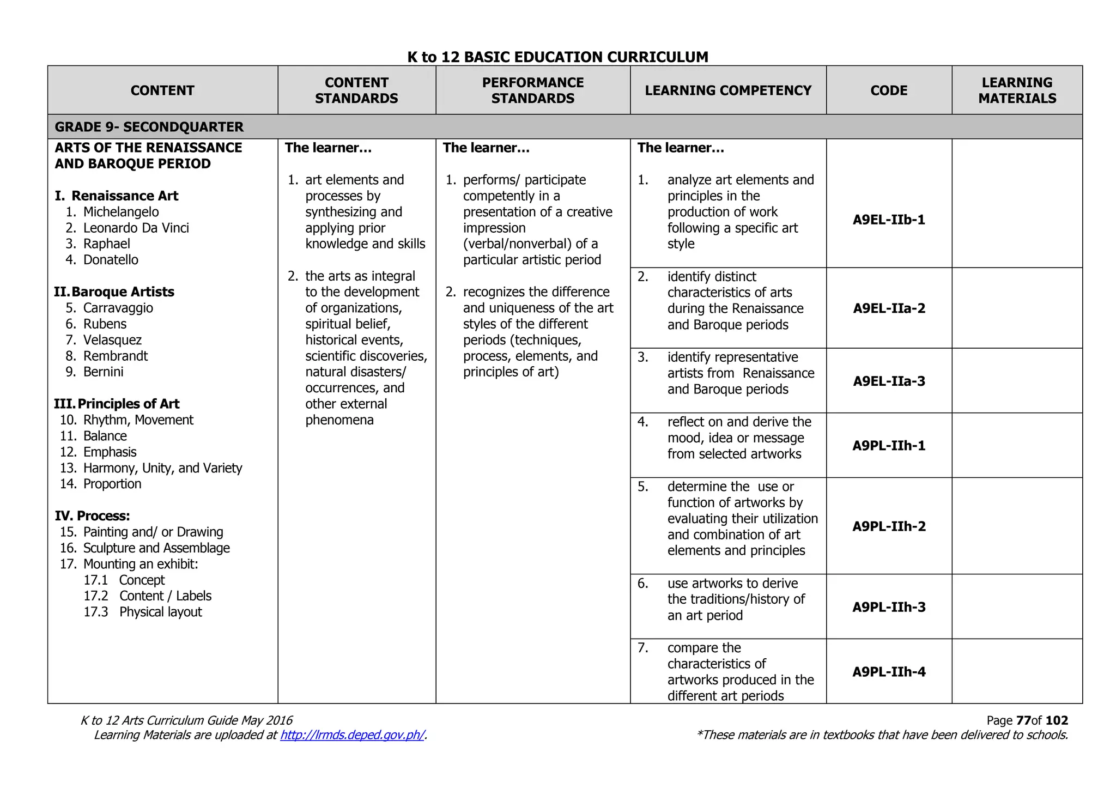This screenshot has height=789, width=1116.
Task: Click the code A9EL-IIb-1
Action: point(889,220)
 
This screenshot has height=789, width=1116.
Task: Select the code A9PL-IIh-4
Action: point(889,672)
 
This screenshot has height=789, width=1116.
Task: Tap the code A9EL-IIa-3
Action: point(889,381)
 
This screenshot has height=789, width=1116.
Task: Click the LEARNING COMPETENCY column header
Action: point(728,90)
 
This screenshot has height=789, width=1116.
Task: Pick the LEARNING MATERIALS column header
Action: point(1017,90)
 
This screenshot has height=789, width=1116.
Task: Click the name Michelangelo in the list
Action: point(121,212)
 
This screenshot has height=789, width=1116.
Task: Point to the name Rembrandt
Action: point(116,356)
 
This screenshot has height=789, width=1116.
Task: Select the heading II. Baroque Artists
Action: point(114,292)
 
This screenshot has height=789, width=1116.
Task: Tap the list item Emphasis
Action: point(110,452)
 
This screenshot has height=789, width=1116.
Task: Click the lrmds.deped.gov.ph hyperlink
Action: point(352,735)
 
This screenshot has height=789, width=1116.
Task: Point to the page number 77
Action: point(1023,720)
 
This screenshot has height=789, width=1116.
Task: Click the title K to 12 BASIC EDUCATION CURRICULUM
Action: point(557,57)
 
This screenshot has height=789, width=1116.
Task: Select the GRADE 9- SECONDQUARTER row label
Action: point(149,127)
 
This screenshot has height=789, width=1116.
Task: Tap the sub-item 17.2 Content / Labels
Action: point(147,596)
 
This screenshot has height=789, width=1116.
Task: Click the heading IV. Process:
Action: point(92,515)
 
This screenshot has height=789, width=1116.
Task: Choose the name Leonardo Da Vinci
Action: point(136,228)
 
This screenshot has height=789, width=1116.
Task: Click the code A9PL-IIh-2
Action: point(889,526)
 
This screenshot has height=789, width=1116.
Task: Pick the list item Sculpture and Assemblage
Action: point(156,548)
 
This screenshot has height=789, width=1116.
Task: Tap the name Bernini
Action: point(104,372)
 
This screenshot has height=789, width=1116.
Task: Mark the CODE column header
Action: point(889,90)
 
